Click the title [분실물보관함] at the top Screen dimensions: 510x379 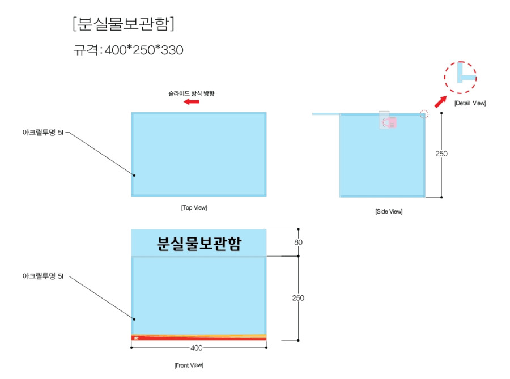(x=124, y=24)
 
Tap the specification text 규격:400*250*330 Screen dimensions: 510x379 (x=128, y=50)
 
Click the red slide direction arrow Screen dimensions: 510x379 (x=192, y=102)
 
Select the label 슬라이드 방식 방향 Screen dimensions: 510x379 (x=192, y=93)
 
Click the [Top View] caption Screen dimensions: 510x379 (x=194, y=207)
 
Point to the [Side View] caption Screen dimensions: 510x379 (x=389, y=211)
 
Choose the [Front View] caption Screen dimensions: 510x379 (x=189, y=365)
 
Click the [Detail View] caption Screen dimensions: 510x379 (x=470, y=103)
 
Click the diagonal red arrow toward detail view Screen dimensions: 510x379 (x=441, y=102)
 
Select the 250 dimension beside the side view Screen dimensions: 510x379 (x=441, y=154)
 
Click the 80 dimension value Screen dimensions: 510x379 (x=298, y=242)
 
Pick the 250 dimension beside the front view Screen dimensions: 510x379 (x=298, y=298)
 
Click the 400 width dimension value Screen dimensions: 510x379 (x=197, y=348)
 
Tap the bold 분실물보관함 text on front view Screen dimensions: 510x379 (x=199, y=244)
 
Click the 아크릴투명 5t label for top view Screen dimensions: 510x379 (x=43, y=133)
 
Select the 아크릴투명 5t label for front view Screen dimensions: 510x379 (x=43, y=276)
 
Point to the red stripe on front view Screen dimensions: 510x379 (x=199, y=338)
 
